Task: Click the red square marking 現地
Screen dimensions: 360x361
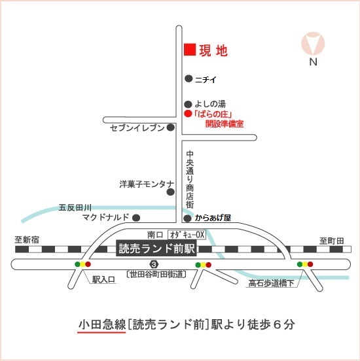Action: click(190, 50)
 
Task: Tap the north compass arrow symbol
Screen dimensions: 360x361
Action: click(313, 44)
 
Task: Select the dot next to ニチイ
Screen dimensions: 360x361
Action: click(189, 78)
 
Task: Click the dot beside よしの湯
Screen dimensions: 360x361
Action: click(188, 104)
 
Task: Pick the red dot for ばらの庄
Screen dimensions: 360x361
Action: click(188, 114)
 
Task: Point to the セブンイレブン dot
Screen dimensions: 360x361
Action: click(171, 128)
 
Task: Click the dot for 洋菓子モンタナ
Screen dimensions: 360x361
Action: click(171, 192)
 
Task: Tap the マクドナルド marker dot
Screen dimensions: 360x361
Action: click(136, 218)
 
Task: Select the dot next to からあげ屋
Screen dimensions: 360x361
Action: click(187, 218)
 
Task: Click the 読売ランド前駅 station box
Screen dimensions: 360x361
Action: click(156, 249)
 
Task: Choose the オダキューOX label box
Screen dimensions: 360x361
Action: click(187, 235)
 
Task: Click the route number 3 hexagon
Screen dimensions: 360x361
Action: click(154, 264)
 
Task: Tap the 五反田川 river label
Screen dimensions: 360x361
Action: click(75, 208)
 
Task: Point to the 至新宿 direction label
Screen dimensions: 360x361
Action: click(27, 240)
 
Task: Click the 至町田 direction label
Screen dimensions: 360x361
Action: click(332, 241)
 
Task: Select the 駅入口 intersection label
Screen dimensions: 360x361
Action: click(103, 279)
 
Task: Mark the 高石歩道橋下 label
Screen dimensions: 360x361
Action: click(271, 283)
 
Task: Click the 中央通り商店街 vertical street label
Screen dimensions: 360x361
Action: click(190, 179)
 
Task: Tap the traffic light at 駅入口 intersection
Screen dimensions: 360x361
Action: click(82, 264)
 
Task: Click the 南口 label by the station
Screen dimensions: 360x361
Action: click(155, 235)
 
